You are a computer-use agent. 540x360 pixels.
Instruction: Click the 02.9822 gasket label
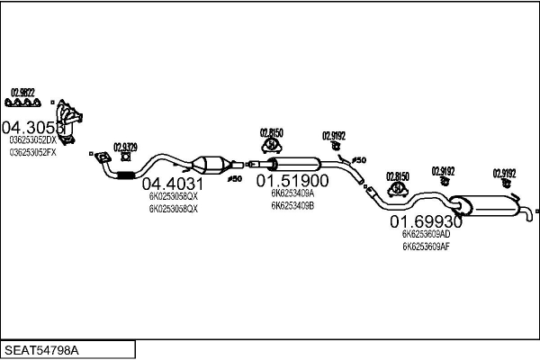click(22, 92)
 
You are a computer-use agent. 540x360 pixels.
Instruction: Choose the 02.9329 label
click(125, 147)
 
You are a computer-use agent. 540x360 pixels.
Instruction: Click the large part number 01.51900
click(299, 180)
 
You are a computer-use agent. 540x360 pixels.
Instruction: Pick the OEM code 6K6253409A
click(292, 192)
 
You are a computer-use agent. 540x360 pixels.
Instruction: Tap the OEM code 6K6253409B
click(292, 203)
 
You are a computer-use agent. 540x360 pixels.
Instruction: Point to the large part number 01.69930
click(426, 221)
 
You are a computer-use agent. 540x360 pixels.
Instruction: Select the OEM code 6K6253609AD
click(427, 234)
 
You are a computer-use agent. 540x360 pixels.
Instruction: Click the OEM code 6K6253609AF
click(427, 246)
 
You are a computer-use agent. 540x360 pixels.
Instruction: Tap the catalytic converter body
click(212, 166)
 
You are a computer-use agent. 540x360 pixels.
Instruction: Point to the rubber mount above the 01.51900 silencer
click(270, 146)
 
